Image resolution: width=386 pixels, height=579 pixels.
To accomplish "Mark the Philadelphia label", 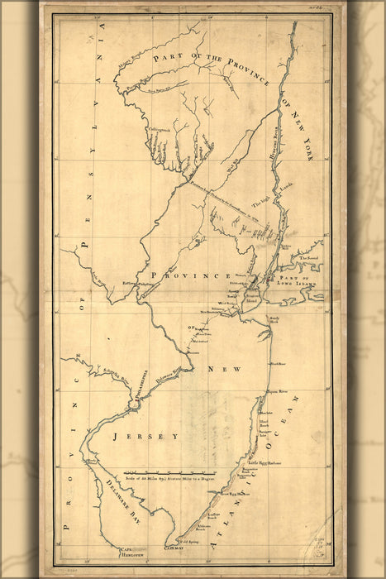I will (137, 390).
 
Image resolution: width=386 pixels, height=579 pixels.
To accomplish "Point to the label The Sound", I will (308, 259).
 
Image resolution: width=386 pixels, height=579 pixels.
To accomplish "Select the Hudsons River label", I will (274, 133).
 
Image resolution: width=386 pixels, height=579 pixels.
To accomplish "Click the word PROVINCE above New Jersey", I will (189, 275).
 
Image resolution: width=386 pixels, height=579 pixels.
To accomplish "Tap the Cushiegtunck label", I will (160, 128).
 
